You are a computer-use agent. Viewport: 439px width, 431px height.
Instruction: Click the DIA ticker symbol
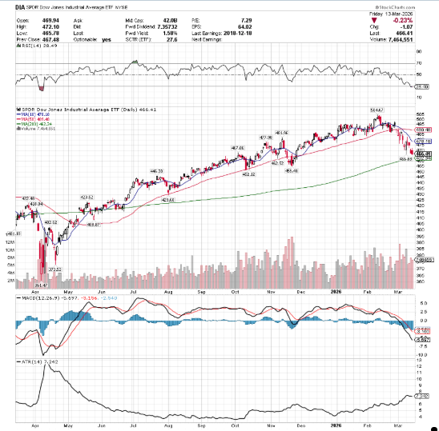pyautogui.click(x=12, y=6)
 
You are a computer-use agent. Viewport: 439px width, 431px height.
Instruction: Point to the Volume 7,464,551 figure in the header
pyautogui.click(x=408, y=39)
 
